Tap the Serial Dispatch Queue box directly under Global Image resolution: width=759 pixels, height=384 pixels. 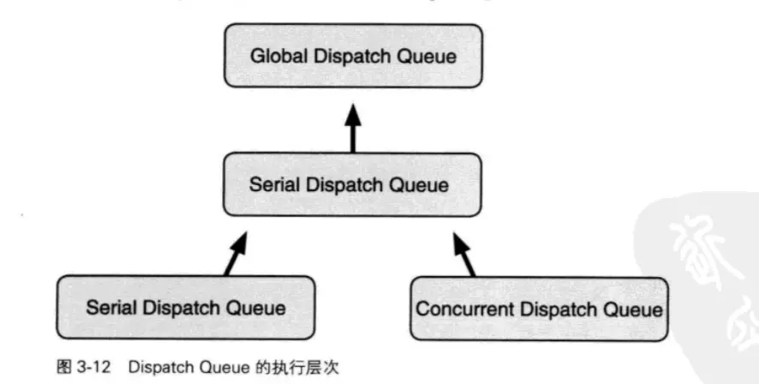click(x=352, y=184)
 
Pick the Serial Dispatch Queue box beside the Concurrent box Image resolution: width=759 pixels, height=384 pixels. click(x=185, y=307)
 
